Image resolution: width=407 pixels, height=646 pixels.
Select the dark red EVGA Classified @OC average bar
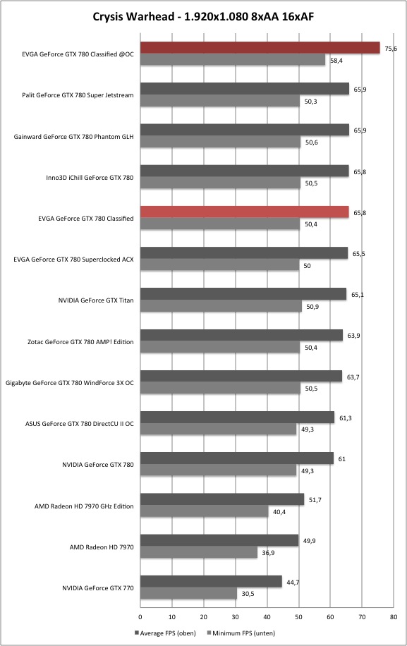260,48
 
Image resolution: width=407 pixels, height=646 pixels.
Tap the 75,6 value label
391,49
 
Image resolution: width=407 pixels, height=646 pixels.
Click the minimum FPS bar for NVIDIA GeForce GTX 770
188,593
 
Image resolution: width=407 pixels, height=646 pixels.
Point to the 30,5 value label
248,594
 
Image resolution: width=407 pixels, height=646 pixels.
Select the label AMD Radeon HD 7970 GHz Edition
84,506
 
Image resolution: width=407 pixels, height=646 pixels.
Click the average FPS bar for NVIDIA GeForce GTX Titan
243,294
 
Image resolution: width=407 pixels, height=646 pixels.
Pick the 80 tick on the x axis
394,617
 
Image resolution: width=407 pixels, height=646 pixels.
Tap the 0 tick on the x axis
140,617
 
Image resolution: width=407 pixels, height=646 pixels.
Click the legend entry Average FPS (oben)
165,633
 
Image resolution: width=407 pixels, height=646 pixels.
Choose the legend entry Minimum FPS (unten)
241,633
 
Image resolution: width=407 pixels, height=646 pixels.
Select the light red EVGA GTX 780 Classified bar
245,212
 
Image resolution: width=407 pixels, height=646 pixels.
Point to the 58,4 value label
336,61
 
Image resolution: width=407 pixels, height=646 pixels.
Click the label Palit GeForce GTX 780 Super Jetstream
78,95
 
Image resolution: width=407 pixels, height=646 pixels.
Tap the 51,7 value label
315,500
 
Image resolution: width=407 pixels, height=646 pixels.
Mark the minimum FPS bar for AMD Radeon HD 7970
199,552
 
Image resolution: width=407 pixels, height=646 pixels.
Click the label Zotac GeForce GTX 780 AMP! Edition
80,342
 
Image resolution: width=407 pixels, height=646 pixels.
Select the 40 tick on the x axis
267,617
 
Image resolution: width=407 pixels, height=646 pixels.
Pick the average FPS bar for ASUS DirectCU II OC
237,417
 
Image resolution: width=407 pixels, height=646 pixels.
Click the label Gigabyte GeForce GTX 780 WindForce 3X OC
70,383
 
